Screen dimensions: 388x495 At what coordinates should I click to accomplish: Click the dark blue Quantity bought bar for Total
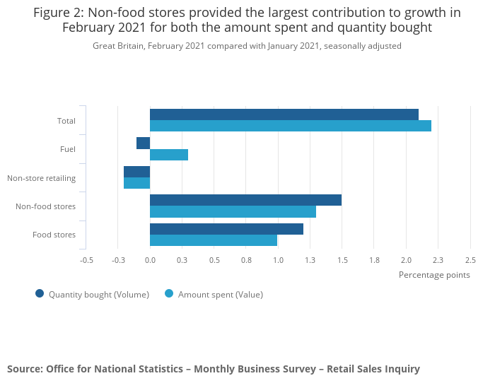point(284,114)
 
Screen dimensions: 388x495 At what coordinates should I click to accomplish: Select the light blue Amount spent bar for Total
point(290,126)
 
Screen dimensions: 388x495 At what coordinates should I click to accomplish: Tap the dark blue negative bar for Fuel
point(143,143)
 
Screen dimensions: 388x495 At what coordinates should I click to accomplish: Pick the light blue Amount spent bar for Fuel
point(169,155)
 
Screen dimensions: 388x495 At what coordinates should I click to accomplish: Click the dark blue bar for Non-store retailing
point(136,172)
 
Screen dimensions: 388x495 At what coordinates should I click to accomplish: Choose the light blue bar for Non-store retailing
point(136,183)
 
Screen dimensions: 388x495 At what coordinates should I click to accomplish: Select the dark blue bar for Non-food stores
point(245,200)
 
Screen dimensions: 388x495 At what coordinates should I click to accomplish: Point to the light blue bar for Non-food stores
point(233,211)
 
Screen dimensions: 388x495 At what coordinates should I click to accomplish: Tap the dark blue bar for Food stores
point(226,229)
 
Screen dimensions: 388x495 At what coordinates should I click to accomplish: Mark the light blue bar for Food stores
point(214,240)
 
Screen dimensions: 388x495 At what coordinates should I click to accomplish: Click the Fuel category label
point(68,149)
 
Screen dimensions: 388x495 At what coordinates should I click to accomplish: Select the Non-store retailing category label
point(41,178)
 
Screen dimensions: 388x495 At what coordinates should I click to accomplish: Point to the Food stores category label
point(54,235)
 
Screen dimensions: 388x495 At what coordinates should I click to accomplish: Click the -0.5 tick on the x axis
point(86,260)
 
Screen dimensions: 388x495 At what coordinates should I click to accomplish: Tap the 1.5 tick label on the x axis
point(342,260)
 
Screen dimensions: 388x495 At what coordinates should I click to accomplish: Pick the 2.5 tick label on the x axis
point(470,260)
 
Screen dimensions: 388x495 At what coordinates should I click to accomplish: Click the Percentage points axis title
point(434,275)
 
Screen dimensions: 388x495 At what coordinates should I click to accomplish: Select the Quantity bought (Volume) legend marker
point(40,294)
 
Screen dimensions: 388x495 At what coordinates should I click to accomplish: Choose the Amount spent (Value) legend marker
point(169,294)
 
